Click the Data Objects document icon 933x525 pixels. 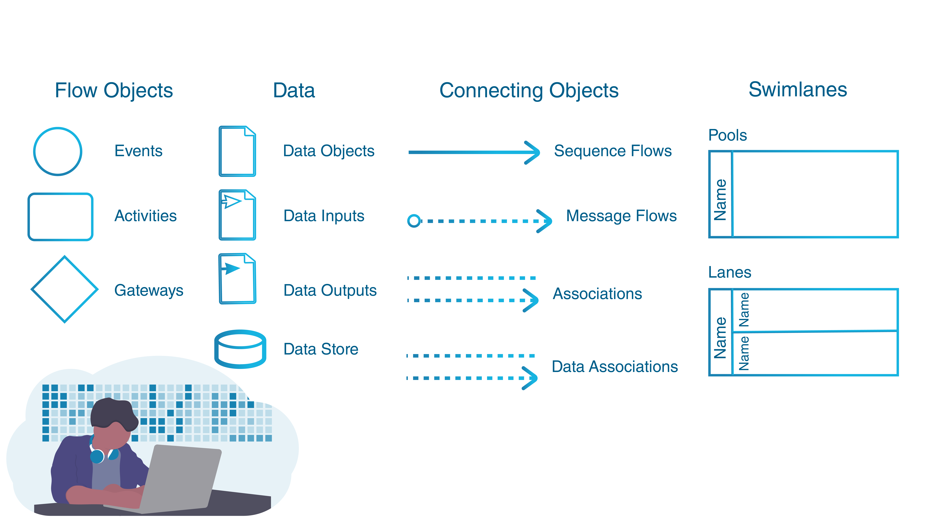[x=220, y=151]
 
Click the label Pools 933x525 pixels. [x=727, y=135]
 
